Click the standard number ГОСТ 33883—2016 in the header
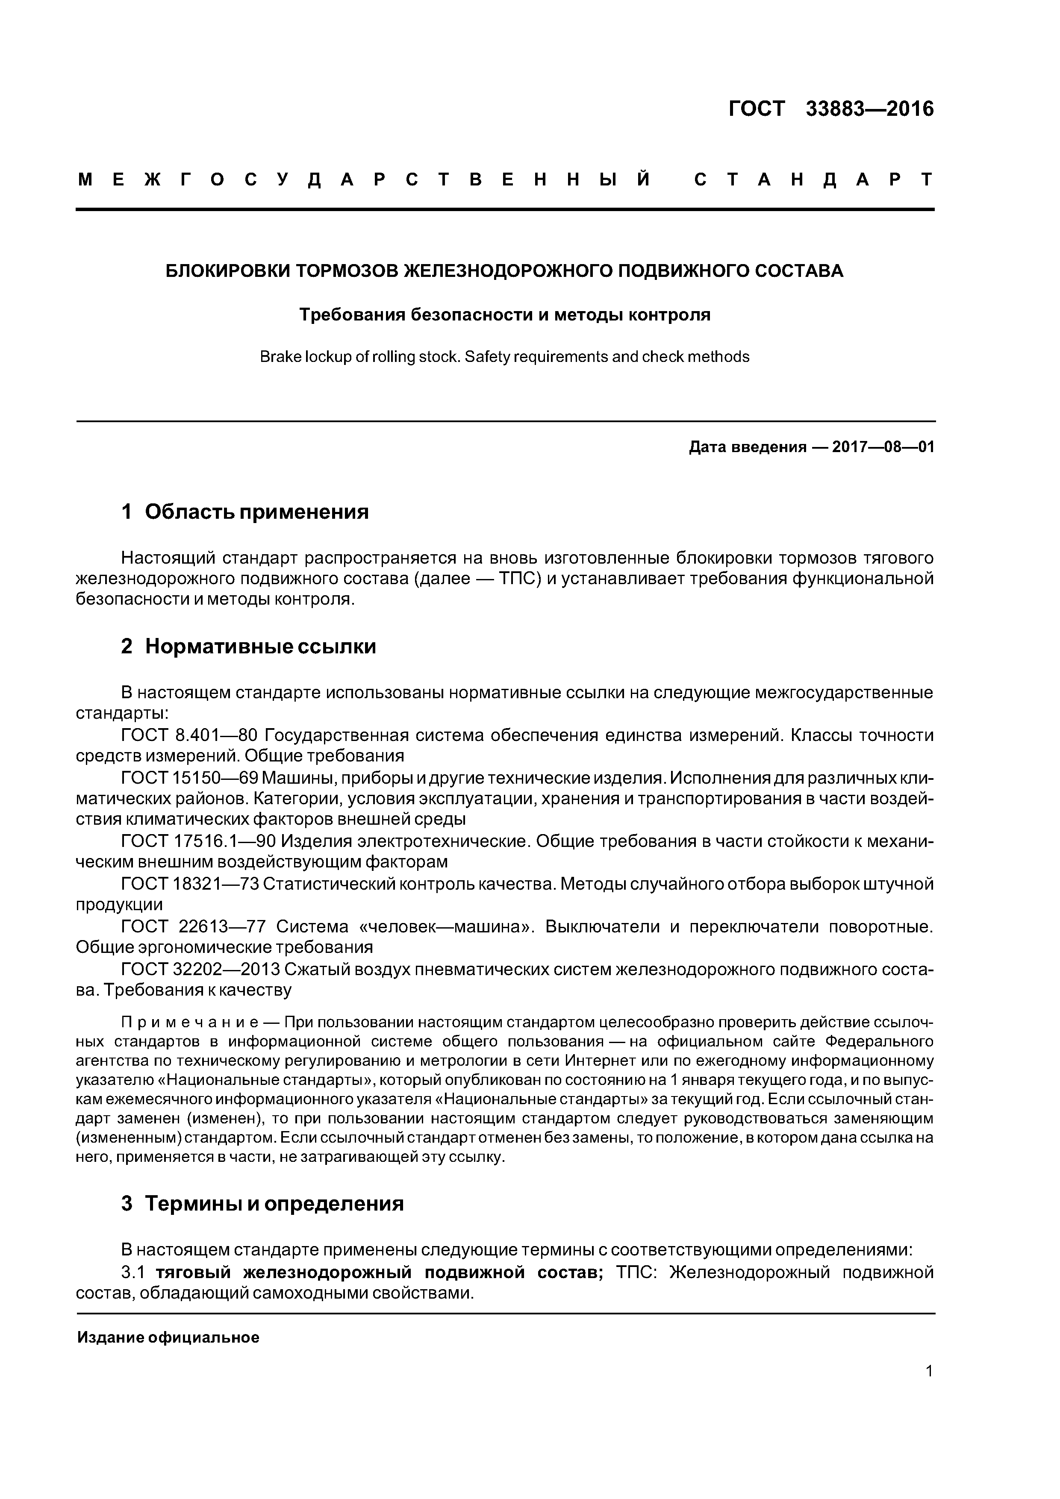tap(831, 109)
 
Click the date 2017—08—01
tap(883, 447)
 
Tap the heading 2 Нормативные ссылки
tap(248, 647)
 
